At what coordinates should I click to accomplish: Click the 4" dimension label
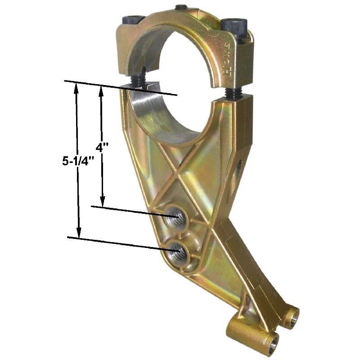coord(103,147)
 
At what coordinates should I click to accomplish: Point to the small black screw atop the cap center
coord(180,8)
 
